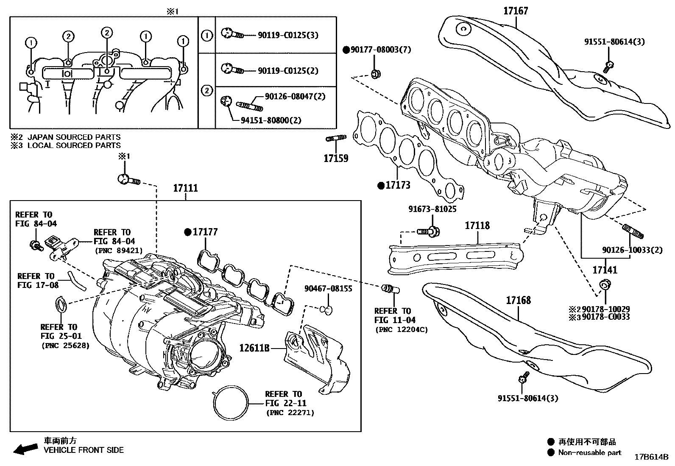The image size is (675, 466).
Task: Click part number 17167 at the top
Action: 516,11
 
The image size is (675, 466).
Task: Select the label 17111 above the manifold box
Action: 185,188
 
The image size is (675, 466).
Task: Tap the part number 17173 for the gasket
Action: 397,185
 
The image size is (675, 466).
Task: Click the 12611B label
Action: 254,349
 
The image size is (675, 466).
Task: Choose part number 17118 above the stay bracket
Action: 477,226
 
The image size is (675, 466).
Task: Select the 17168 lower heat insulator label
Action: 518,300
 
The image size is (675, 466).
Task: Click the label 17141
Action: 605,270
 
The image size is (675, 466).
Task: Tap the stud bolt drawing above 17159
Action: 336,138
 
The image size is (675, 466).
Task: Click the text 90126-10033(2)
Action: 631,250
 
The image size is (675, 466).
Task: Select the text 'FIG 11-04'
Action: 395,320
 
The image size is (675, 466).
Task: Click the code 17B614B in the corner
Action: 651,457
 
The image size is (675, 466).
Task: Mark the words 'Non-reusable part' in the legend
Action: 589,452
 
